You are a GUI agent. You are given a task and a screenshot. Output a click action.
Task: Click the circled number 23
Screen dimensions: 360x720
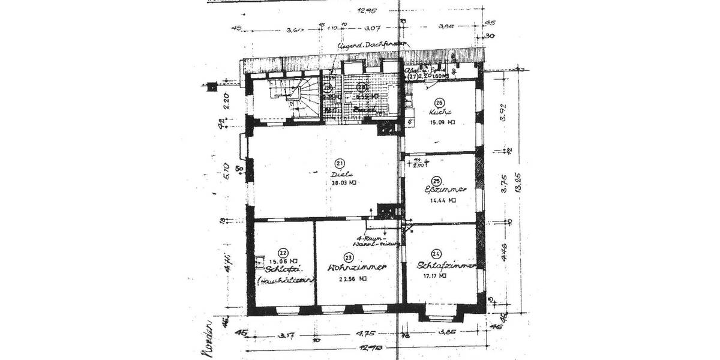(348, 256)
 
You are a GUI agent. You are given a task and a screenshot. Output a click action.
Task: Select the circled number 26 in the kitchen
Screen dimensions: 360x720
(439, 103)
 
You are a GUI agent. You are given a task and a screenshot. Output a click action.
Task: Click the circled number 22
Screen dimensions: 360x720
(283, 253)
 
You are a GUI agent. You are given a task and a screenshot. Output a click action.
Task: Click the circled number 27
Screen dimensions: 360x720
(413, 77)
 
